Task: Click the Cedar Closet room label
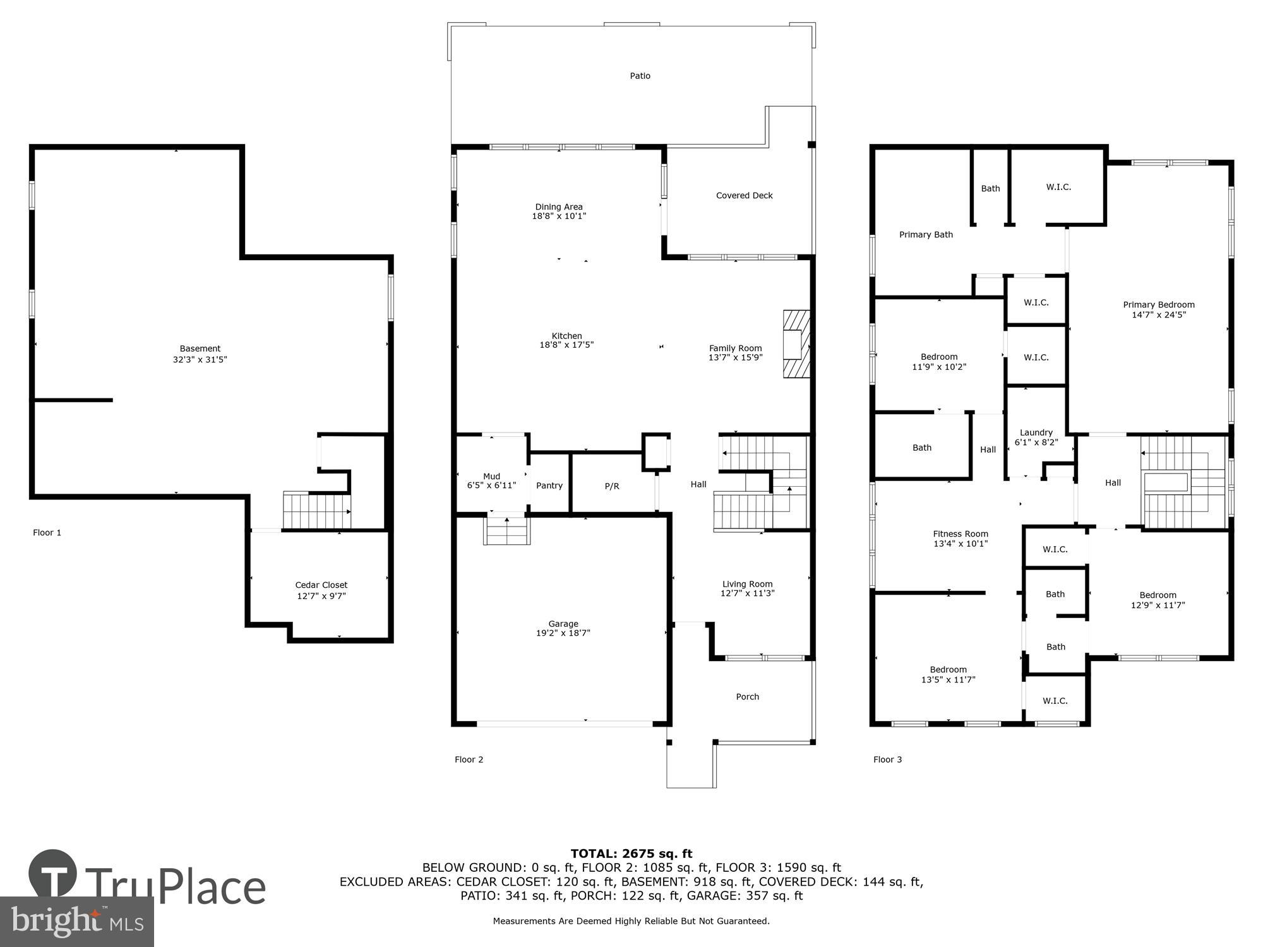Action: click(x=321, y=585)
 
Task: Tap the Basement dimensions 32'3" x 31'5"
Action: click(x=200, y=360)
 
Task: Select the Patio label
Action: click(x=640, y=76)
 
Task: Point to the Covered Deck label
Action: click(x=744, y=196)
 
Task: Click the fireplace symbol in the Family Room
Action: click(x=796, y=344)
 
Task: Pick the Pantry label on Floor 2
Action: click(x=549, y=485)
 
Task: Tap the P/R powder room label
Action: click(x=611, y=486)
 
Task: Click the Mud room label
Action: click(x=491, y=477)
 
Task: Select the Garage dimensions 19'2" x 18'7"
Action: click(x=563, y=633)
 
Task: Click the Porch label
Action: click(x=747, y=697)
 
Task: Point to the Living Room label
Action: click(x=747, y=584)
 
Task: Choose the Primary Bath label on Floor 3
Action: click(x=926, y=235)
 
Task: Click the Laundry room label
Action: click(x=1036, y=432)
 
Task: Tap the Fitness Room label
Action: click(x=960, y=533)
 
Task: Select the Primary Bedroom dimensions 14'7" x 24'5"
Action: click(x=1158, y=314)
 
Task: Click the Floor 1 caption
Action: click(x=47, y=533)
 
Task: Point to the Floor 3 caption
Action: click(x=887, y=759)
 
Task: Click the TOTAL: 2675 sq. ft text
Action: click(x=631, y=854)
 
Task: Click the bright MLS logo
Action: click(x=76, y=922)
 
